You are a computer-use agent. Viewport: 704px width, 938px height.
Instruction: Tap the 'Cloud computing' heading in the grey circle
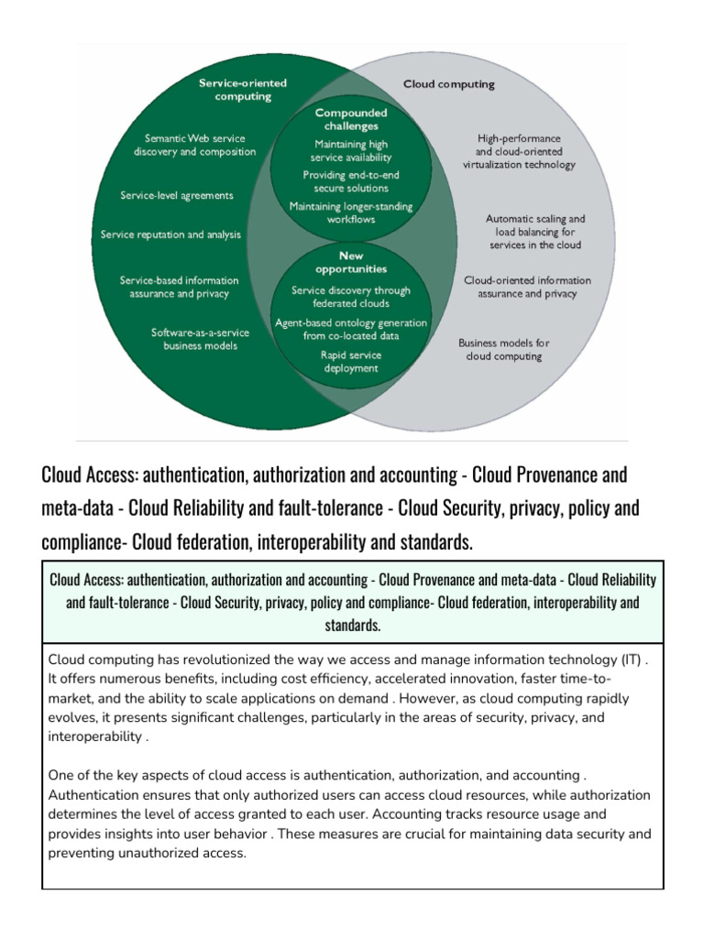pos(449,84)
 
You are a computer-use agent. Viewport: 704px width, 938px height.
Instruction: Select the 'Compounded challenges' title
pos(351,119)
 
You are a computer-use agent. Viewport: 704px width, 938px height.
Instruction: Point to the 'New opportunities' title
pos(351,263)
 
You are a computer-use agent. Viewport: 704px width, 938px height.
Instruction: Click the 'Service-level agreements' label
pos(177,195)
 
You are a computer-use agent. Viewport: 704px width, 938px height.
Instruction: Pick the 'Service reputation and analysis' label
pos(170,234)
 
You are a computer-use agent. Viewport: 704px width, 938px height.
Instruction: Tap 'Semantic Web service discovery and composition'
pos(194,145)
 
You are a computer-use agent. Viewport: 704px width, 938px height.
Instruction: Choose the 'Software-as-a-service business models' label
pos(194,339)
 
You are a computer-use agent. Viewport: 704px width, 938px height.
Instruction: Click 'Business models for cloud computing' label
pos(503,349)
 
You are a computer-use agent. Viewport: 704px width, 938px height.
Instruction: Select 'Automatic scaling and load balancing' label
pos(534,233)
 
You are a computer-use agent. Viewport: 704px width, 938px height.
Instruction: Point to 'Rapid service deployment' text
pos(351,361)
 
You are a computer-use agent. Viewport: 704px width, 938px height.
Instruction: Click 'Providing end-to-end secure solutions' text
pos(351,181)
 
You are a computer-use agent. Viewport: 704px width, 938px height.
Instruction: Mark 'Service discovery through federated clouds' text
pos(351,297)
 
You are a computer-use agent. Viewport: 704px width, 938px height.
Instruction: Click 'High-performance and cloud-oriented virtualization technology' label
pos(519,151)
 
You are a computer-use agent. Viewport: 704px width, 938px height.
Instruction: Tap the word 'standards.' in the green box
pos(352,626)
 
